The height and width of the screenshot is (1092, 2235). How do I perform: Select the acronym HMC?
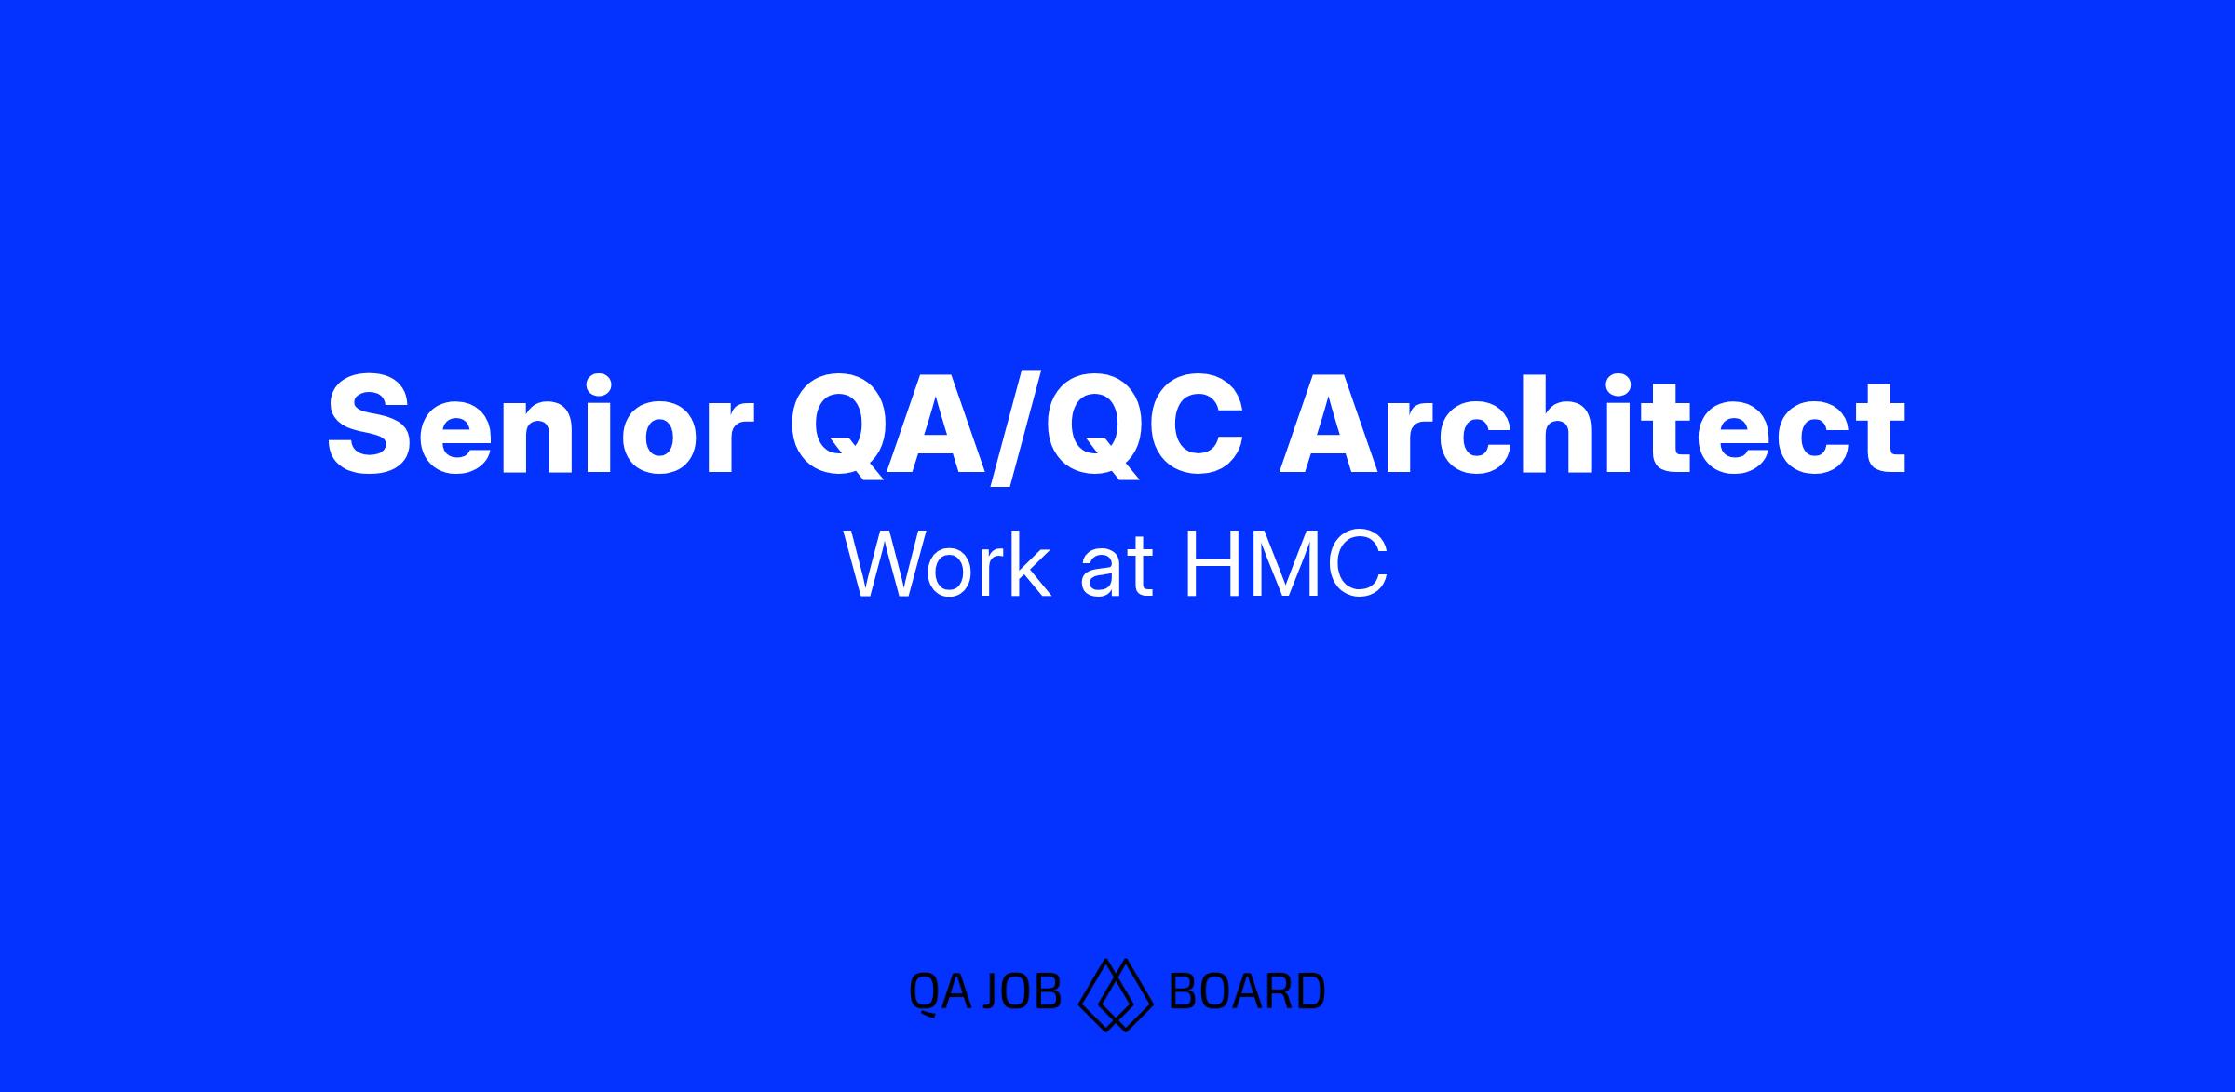click(x=1285, y=565)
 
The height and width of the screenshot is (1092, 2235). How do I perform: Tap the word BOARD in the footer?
click(x=1246, y=991)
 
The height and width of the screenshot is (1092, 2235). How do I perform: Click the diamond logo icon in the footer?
click(x=1116, y=994)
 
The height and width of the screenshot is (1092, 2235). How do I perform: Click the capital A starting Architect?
click(x=1328, y=425)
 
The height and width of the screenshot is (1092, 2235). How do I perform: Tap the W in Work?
click(x=888, y=565)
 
